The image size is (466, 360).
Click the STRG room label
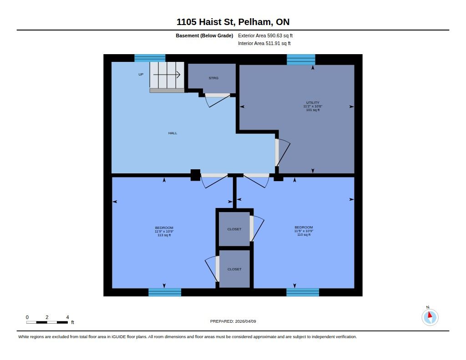(x=213, y=78)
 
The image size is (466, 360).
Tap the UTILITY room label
(x=313, y=102)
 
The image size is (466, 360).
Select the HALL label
(x=172, y=133)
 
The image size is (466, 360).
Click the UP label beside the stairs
(x=141, y=74)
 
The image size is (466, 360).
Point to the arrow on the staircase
(x=167, y=75)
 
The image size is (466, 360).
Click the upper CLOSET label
(x=234, y=229)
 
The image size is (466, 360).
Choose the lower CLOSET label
(x=234, y=269)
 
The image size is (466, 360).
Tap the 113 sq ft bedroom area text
(x=164, y=235)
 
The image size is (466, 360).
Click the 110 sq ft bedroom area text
(x=304, y=234)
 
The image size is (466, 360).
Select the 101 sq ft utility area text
(x=313, y=110)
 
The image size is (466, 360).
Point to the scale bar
(x=47, y=322)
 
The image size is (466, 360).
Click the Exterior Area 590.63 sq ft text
(x=265, y=35)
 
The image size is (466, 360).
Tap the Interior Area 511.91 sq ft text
(x=264, y=43)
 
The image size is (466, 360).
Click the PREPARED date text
(x=233, y=321)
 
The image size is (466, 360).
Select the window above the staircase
(x=150, y=58)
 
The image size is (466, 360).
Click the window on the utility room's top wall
(x=301, y=60)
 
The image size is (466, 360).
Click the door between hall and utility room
(x=282, y=152)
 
